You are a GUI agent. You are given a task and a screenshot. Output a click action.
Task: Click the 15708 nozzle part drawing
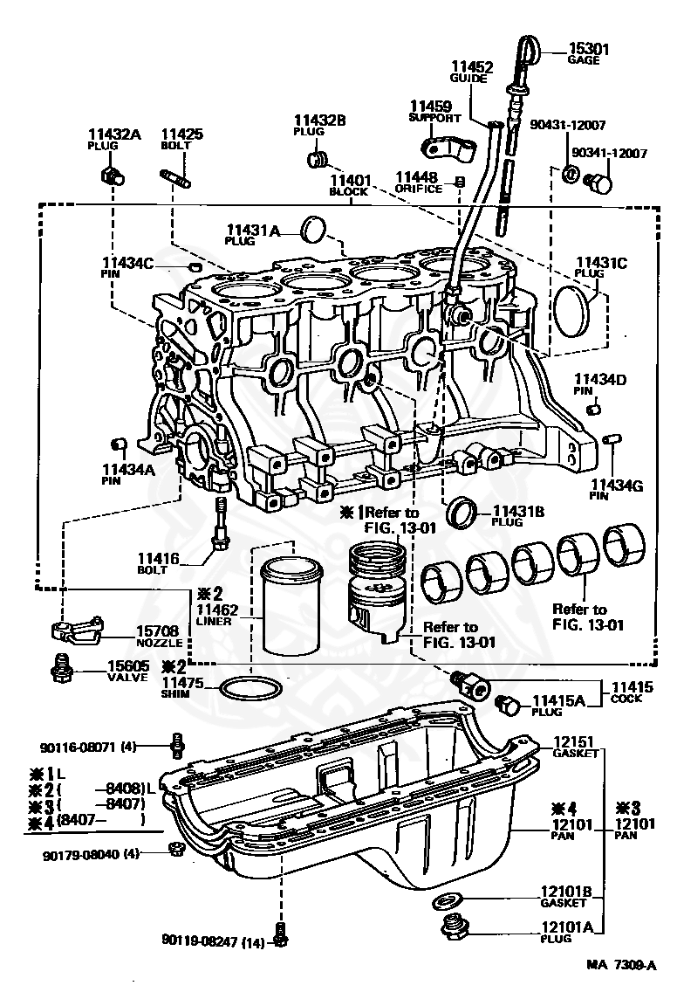coord(74,630)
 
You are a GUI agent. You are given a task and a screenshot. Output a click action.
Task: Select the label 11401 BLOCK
coord(349,182)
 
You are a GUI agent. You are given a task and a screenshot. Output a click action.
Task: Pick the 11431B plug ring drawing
coord(462,513)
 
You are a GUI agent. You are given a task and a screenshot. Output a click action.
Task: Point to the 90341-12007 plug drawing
coord(598,183)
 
